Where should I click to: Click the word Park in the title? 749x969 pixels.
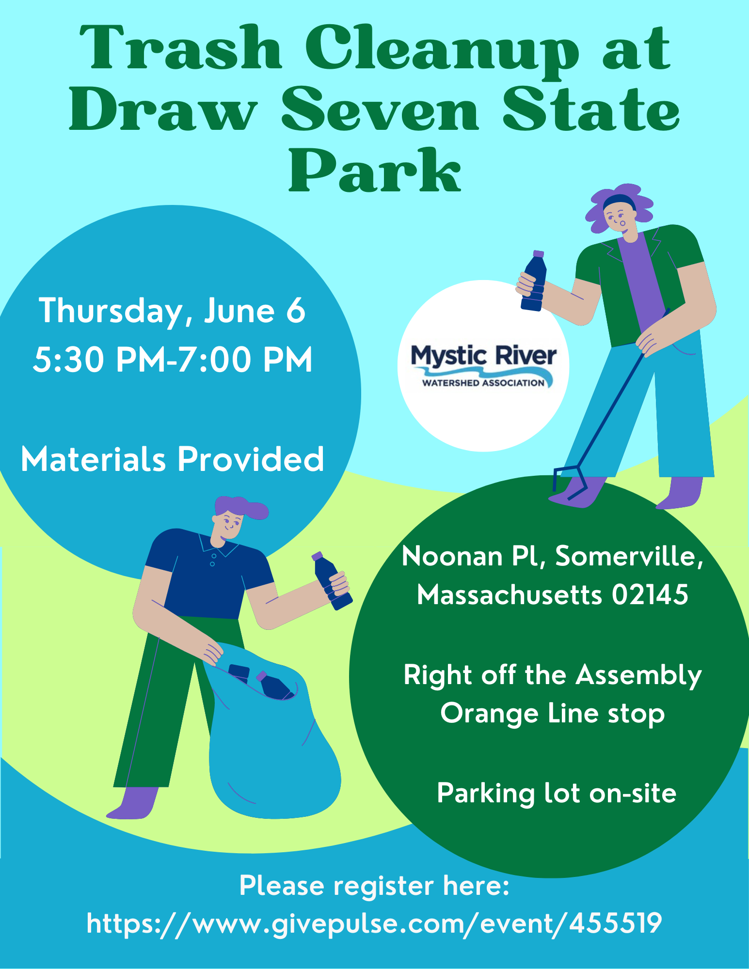pos(375,171)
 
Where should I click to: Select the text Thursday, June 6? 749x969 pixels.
pos(172,311)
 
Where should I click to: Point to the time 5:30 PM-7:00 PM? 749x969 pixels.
pos(173,360)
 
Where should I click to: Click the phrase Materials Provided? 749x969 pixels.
pos(172,459)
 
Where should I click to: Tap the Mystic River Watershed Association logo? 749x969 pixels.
pos(483,366)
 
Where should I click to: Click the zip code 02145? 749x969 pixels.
pos(650,594)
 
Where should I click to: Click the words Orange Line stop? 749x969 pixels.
pos(552,714)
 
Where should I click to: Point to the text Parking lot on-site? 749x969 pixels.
pos(556,793)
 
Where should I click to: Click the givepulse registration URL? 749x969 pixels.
pos(374,923)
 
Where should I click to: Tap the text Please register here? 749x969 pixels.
pos(374,886)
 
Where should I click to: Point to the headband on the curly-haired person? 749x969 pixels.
pos(618,200)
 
